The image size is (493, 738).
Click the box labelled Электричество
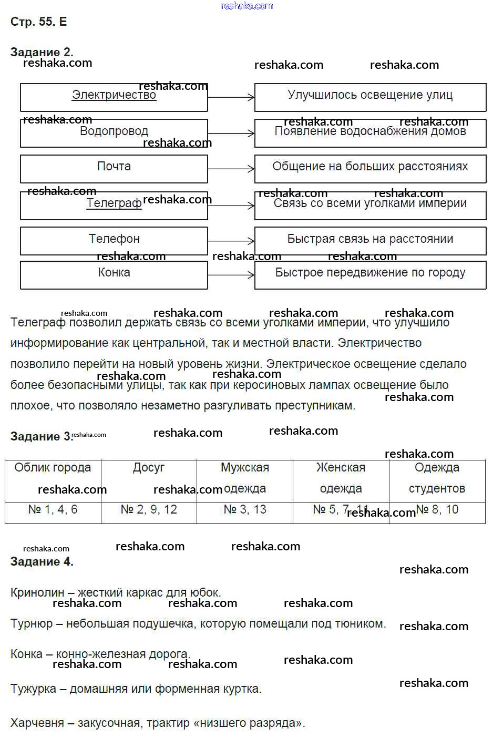114,97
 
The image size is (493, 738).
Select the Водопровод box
114,133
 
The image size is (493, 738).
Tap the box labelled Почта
114,169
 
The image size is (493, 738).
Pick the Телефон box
114,240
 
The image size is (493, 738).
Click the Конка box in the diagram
114,275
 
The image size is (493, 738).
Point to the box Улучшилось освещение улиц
370,97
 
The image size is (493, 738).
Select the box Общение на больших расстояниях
370,168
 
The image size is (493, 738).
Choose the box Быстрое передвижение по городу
370,275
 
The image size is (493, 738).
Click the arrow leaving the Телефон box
231,241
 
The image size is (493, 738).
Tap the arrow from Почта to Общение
231,169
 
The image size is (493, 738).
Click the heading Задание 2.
42,52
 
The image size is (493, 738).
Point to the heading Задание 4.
42,561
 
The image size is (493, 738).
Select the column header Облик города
53,468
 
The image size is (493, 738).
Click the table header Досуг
149,468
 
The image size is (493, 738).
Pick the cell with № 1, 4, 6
53,510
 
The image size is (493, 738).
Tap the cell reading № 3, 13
245,510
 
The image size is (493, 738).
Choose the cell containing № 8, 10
437,510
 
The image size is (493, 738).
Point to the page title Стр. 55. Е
39,22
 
